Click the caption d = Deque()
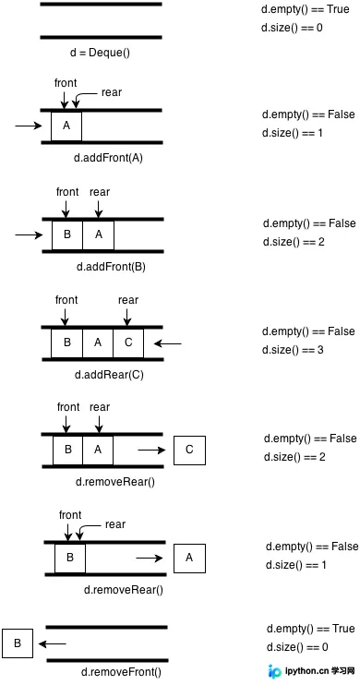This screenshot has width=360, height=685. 100,53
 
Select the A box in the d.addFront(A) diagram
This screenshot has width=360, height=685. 66,126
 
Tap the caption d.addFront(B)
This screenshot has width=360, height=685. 111,267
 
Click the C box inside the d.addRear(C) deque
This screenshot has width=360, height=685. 128,342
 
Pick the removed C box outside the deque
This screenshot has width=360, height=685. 189,450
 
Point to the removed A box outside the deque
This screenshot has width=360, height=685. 189,558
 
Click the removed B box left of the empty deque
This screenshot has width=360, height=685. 18,643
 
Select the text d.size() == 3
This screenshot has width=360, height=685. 293,350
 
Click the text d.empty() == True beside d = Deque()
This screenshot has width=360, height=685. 306,9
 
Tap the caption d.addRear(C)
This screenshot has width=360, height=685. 109,375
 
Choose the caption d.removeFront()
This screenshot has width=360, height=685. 121,671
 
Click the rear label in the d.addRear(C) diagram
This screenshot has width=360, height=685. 128,300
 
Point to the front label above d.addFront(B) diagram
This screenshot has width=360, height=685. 67,192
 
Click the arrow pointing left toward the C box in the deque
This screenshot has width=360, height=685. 168,344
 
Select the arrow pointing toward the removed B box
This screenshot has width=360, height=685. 52,643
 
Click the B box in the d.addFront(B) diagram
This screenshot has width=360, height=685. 67,234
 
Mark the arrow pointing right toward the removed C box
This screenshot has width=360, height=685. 152,450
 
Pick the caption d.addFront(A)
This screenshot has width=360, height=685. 108,158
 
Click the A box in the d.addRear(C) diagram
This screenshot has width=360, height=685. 98,342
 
